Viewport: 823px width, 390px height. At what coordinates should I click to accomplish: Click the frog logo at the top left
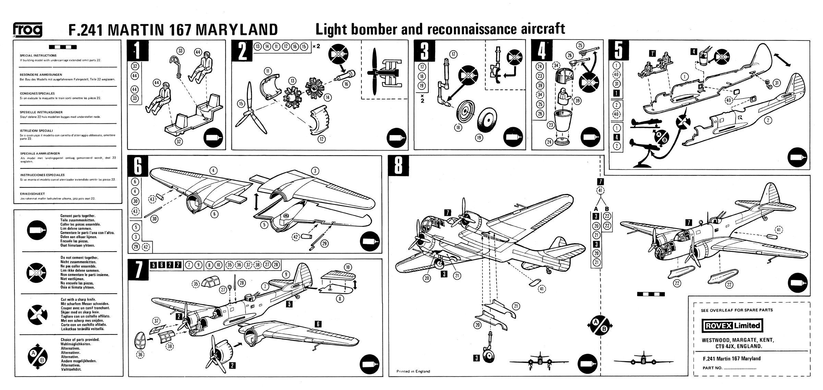tap(28, 30)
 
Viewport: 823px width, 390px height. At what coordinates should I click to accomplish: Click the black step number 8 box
tap(398, 166)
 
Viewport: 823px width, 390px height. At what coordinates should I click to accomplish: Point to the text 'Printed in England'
tap(413, 371)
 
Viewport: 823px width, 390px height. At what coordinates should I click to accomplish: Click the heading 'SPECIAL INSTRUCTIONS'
tap(38, 56)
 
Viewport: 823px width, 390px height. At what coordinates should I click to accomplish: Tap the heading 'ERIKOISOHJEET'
tap(32, 194)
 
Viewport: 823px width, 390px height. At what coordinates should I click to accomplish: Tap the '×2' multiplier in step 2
tap(317, 46)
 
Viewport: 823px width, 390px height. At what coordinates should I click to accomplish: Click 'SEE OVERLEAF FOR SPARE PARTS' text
tap(736, 310)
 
